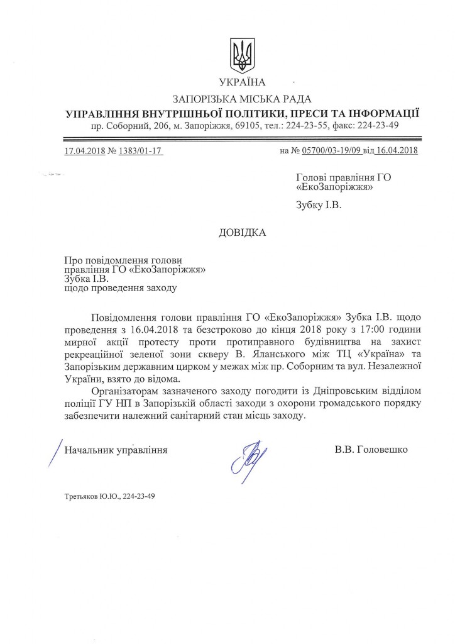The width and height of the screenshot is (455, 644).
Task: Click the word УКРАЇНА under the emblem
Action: click(242, 82)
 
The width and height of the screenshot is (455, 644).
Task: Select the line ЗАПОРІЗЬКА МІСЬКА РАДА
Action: click(242, 99)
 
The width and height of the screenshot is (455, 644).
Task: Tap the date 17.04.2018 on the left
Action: click(85, 150)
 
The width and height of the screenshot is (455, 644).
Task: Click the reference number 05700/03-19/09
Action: click(332, 150)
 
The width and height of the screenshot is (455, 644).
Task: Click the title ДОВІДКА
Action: click(242, 232)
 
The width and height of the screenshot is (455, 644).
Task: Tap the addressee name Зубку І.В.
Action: click(321, 204)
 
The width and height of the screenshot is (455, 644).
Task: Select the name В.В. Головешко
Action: click(371, 450)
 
